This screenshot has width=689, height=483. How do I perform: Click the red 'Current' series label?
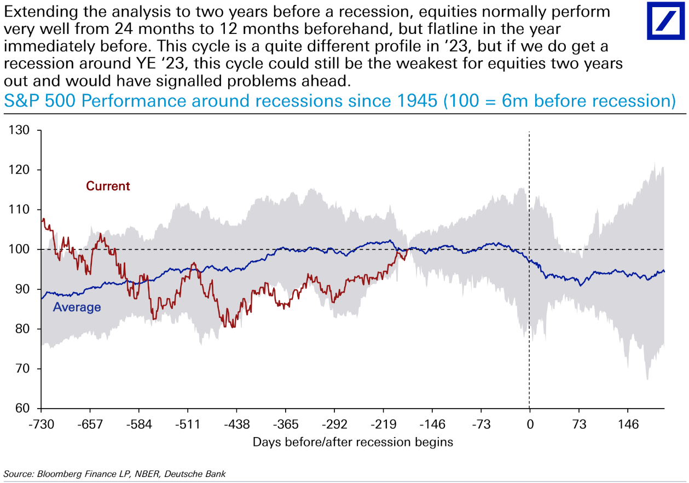[x=108, y=186]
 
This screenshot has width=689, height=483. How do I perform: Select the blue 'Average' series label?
[x=77, y=307]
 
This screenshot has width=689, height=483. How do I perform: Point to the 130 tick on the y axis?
[x=19, y=130]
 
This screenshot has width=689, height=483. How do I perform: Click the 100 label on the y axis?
[x=19, y=249]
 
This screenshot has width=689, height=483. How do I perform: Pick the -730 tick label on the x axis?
[x=41, y=424]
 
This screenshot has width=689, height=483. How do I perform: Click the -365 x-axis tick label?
[x=286, y=424]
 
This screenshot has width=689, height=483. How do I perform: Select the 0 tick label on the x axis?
[x=530, y=424]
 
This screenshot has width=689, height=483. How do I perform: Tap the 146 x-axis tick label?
[x=628, y=424]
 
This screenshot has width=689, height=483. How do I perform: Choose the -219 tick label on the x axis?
[x=383, y=424]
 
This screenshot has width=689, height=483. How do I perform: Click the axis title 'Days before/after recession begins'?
[x=353, y=442]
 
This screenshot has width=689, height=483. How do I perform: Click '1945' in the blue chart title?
[x=418, y=101]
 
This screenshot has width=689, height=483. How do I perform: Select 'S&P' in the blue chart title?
[x=21, y=101]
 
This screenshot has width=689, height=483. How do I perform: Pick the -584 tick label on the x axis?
[x=139, y=424]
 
